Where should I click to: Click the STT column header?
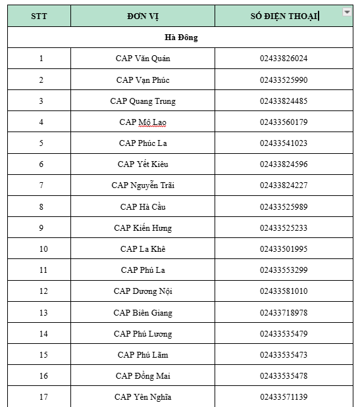pos(39,16)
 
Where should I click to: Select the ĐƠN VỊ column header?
pos(142,16)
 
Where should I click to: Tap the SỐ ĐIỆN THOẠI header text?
pos(284,16)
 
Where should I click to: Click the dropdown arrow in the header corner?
pos(346,12)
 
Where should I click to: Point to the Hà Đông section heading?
pos(181,37)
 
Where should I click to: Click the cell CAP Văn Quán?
pos(143,59)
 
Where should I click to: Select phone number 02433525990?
pos(284,80)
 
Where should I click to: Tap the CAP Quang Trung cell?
pos(143,101)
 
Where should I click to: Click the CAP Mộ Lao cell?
pos(143,122)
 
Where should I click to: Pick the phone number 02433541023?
pos(284,143)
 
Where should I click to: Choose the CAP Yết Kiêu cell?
pos(143,164)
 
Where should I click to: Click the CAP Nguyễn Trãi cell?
pos(143,185)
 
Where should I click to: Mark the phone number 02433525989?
pos(284,207)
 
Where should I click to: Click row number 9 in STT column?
pos(41,228)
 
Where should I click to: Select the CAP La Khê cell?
pos(143,249)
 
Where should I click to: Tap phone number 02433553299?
pos(284,270)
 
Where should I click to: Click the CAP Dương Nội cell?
pos(143,291)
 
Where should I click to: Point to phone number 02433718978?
pos(284,313)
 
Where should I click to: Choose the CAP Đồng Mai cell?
pos(143,376)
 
